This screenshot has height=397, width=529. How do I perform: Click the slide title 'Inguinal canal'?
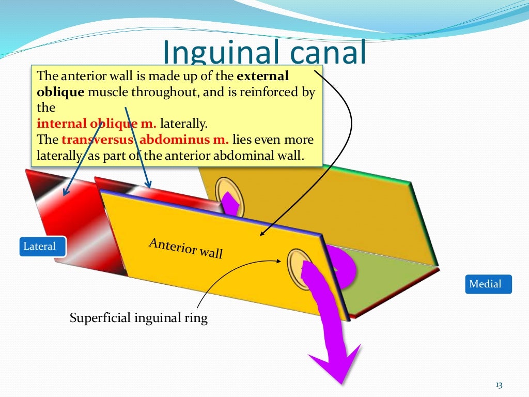264,53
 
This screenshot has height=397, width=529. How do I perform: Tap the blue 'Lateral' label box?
40,246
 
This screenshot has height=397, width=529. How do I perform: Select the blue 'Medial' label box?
485,284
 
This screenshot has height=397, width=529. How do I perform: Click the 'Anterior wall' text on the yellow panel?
185,248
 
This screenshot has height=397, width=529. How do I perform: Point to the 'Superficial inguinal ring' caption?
138,318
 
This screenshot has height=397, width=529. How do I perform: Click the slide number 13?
499,385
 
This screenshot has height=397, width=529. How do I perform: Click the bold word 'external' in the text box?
262,76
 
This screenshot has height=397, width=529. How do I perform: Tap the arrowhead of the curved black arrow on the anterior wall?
261,235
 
